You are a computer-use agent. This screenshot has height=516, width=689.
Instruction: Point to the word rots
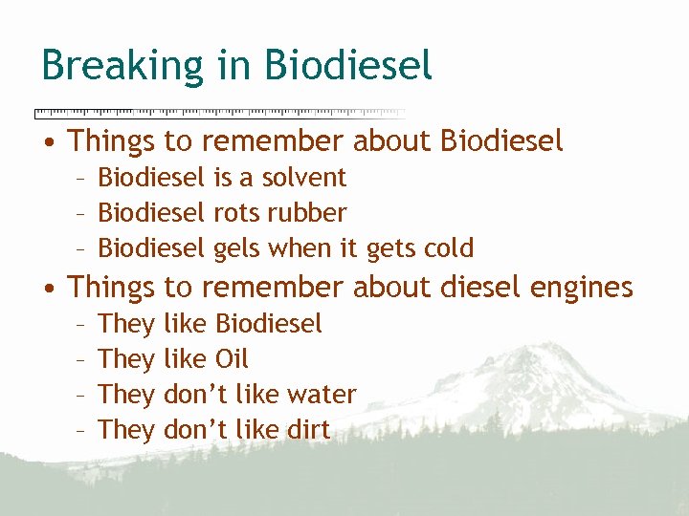(x=236, y=213)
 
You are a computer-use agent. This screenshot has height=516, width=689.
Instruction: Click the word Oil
(x=232, y=359)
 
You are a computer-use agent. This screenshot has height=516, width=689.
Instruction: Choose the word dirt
(x=307, y=430)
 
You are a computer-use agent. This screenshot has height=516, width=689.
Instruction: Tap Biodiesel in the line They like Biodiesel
(x=269, y=324)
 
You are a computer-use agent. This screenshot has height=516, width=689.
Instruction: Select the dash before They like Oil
(x=81, y=360)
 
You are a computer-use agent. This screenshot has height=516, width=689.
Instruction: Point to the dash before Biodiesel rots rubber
(x=81, y=214)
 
